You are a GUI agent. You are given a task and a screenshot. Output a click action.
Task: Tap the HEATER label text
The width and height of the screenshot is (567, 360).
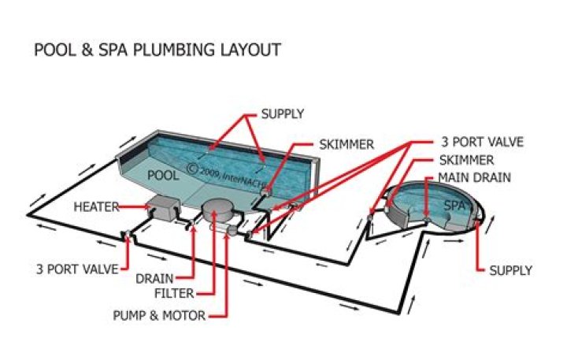(96, 207)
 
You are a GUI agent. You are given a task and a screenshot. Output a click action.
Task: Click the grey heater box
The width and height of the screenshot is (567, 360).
(164, 207)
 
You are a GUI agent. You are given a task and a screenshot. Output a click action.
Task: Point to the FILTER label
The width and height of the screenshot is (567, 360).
(174, 293)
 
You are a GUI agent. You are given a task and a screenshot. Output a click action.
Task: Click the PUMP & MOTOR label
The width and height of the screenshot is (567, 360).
(159, 316)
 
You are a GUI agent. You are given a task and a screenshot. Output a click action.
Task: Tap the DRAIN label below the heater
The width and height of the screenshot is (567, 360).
(154, 279)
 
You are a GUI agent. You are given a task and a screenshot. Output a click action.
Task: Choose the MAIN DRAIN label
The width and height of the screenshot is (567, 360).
(474, 178)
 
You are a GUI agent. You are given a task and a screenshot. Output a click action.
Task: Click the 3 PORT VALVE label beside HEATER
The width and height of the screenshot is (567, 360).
(77, 269)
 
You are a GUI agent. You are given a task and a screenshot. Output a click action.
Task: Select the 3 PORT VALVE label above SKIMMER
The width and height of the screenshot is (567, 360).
(482, 142)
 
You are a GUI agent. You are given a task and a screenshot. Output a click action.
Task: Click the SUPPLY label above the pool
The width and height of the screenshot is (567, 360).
(283, 114)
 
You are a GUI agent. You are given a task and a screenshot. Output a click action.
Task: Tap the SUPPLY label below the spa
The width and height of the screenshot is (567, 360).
(510, 270)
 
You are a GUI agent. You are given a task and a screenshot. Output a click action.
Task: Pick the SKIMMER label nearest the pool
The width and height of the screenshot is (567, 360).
(346, 145)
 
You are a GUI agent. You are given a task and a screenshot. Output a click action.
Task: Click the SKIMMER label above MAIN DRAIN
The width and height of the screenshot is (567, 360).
(466, 160)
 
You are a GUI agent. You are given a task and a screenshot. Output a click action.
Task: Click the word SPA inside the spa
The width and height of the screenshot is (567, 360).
(454, 206)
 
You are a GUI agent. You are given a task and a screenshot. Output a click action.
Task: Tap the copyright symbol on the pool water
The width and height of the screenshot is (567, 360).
(193, 169)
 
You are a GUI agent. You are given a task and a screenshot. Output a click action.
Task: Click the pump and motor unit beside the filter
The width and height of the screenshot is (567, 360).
(224, 229)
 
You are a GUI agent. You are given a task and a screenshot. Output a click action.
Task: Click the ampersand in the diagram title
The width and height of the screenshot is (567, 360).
(87, 50)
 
